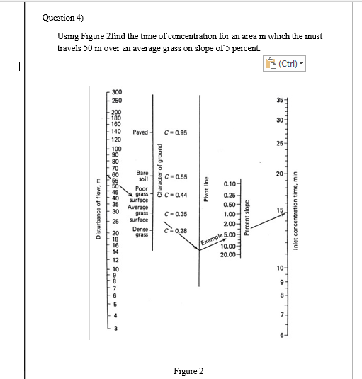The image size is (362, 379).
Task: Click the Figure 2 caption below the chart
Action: point(188,371)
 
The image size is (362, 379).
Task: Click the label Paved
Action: point(140,132)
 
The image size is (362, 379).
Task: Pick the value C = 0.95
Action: point(175,132)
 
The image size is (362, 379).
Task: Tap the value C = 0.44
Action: point(175,195)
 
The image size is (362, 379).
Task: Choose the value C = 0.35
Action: point(175,213)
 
